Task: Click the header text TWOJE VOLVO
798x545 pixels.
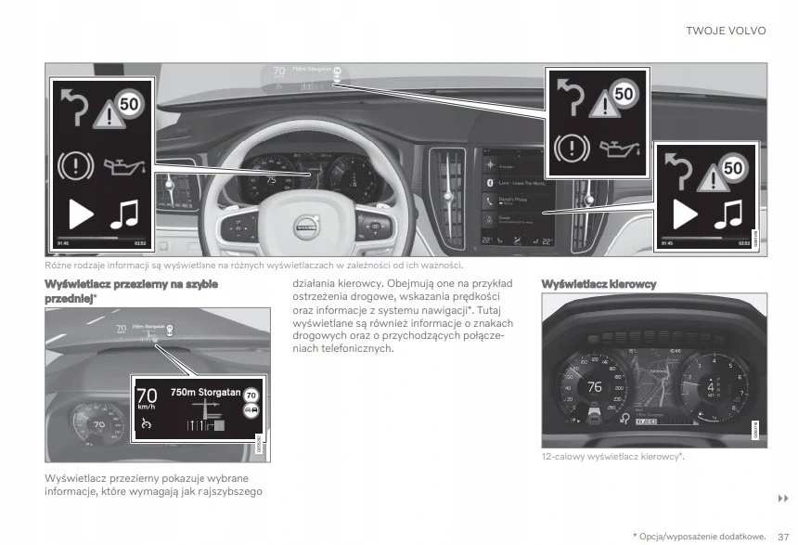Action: coord(726,31)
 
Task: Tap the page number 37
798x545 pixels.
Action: coord(783,536)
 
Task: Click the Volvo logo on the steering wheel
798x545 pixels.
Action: coord(304,224)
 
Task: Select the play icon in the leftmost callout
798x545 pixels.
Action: coord(81,214)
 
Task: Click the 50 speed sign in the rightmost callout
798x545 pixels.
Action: coord(733,168)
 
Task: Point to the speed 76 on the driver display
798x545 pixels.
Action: coord(595,386)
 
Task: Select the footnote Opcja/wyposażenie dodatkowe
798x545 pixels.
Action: coord(702,536)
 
